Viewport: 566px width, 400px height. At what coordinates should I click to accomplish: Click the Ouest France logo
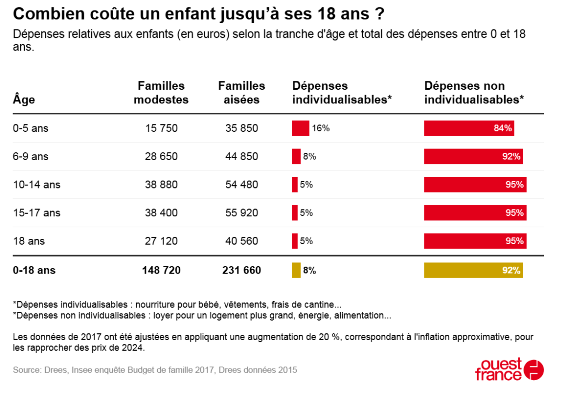tap(509, 369)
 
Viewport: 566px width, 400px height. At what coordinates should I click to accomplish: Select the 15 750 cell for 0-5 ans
tap(161, 128)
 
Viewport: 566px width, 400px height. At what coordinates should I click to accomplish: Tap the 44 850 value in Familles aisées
tap(242, 156)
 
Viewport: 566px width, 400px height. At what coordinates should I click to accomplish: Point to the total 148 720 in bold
tap(161, 270)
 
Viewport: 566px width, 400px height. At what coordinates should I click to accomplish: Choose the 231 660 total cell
tap(242, 270)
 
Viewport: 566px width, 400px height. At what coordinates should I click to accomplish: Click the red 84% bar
tap(469, 128)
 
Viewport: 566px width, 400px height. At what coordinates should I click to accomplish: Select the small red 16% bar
tap(300, 128)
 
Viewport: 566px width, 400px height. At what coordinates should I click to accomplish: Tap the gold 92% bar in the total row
tap(473, 270)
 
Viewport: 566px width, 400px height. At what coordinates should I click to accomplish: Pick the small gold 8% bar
tap(296, 270)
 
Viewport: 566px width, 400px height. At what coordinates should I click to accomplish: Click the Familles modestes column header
tap(161, 92)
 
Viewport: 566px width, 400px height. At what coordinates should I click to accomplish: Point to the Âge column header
tap(24, 99)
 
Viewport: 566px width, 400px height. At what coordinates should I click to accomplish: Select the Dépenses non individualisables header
tap(474, 92)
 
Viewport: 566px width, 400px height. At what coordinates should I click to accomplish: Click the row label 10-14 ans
tap(37, 184)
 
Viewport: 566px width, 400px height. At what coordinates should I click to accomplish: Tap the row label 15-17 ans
tap(37, 213)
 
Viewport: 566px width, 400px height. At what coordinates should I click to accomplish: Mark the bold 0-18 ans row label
tap(34, 270)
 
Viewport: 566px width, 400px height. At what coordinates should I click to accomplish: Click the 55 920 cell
tap(242, 213)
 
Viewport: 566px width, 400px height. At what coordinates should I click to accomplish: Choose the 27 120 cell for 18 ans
tap(161, 241)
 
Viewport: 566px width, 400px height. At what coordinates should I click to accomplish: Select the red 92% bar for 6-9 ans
tap(473, 156)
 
